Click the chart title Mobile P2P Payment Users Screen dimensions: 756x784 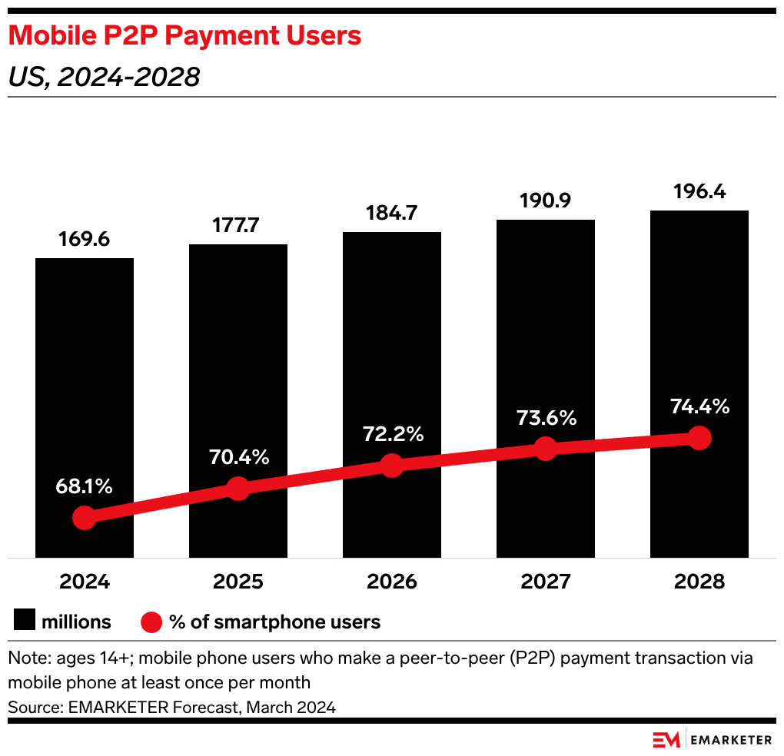184,35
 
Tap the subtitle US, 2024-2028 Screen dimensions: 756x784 104,77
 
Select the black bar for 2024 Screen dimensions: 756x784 85,384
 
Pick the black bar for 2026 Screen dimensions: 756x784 392,346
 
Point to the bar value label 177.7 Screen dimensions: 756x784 238,227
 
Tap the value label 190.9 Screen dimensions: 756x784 546,202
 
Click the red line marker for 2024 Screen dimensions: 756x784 85,518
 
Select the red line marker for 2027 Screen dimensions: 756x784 546,449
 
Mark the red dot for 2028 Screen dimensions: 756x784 699,438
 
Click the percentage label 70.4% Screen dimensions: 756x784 238,457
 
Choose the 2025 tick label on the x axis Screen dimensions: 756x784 238,582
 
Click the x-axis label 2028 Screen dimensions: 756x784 699,582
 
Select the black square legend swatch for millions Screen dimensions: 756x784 24,622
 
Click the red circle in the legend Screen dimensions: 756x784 151,622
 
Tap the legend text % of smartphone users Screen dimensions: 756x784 275,622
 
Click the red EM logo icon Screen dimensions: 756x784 666,740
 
